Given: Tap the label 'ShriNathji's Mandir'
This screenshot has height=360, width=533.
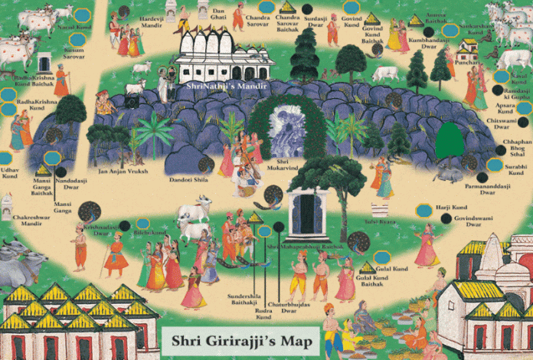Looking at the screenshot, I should coord(227,87).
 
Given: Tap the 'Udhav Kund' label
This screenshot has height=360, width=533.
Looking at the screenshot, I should coord(9,172).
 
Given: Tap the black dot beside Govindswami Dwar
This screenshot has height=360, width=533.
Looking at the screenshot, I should coord(446,218).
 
